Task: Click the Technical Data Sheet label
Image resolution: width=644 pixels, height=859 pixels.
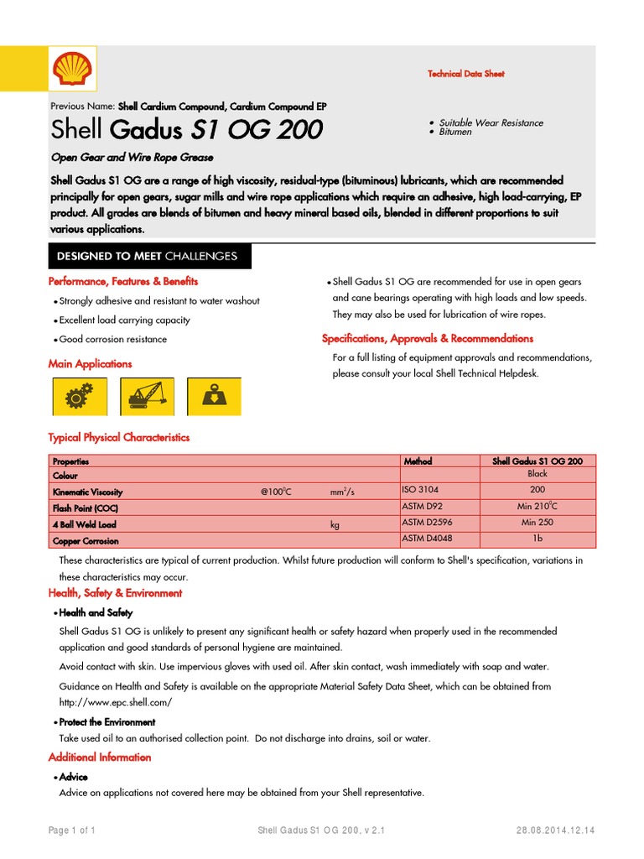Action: tap(466, 74)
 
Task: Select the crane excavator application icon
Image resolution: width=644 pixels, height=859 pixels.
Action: tap(147, 396)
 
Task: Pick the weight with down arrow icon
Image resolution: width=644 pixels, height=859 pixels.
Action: tap(213, 396)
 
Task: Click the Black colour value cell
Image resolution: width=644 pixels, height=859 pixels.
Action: tap(538, 474)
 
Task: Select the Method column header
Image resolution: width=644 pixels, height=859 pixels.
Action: tap(418, 461)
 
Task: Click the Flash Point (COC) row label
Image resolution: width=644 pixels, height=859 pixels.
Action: tap(85, 508)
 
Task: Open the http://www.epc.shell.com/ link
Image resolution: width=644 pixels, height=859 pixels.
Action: tap(116, 701)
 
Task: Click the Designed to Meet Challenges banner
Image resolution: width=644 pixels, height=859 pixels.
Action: tap(147, 256)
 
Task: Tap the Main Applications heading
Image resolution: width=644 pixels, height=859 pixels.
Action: tap(90, 364)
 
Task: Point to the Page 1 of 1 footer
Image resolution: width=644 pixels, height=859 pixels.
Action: tap(72, 830)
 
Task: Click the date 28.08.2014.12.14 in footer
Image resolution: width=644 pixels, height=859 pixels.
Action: tap(555, 830)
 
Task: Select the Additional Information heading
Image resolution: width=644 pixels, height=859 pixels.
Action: tap(100, 757)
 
